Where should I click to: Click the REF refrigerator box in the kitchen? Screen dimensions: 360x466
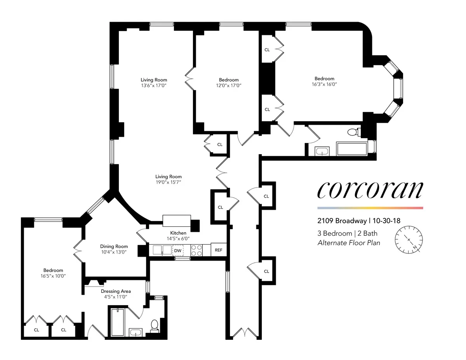click(x=219, y=250)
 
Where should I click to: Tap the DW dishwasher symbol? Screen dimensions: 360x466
click(x=178, y=251)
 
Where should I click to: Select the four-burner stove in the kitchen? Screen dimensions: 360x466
click(x=196, y=250)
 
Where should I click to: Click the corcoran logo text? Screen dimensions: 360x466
click(x=370, y=190)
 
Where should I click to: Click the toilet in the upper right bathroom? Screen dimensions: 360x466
click(x=353, y=132)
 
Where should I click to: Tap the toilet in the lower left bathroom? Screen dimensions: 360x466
click(x=154, y=325)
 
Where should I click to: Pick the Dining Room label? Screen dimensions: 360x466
click(x=114, y=246)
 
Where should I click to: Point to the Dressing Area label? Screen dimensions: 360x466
click(x=116, y=291)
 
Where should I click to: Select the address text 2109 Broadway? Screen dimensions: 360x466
click(x=342, y=221)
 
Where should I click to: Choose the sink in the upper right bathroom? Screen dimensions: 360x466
click(x=322, y=151)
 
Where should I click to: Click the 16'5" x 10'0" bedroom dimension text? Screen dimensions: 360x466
click(x=53, y=276)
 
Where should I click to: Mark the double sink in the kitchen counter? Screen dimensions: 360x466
click(x=161, y=250)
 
